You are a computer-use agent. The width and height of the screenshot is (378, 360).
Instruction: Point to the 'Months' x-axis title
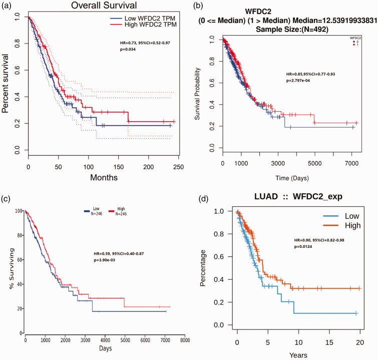(x=104, y=177)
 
